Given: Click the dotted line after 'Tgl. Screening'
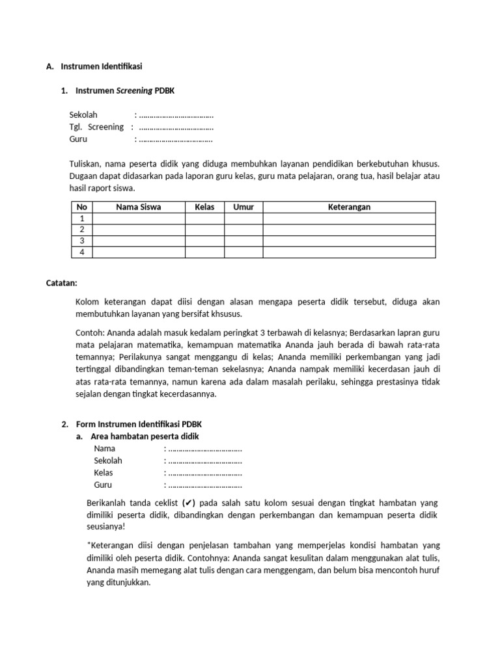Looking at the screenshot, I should pyautogui.click(x=176, y=127).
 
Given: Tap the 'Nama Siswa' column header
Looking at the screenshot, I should pyautogui.click(x=138, y=207).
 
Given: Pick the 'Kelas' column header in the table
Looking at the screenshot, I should pyautogui.click(x=204, y=207).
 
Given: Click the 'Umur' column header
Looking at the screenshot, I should pyautogui.click(x=243, y=207).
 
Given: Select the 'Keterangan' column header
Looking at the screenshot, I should pyautogui.click(x=349, y=207).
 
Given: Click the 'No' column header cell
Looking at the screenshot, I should pyautogui.click(x=82, y=207).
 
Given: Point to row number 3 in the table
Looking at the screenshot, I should pyautogui.click(x=82, y=241).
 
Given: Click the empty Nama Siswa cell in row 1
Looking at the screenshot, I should pyautogui.click(x=138, y=219).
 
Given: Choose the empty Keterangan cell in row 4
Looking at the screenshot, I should pyautogui.click(x=349, y=252).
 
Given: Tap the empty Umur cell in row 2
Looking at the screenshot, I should pyautogui.click(x=243, y=230).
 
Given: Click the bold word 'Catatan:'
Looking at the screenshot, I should pyautogui.click(x=62, y=283).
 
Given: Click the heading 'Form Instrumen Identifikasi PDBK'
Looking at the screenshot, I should pyautogui.click(x=140, y=424).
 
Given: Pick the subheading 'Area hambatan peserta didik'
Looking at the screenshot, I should pyautogui.click(x=145, y=436).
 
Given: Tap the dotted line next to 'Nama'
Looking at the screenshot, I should pyautogui.click(x=204, y=449).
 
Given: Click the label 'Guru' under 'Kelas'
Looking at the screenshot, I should pyautogui.click(x=103, y=485).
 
